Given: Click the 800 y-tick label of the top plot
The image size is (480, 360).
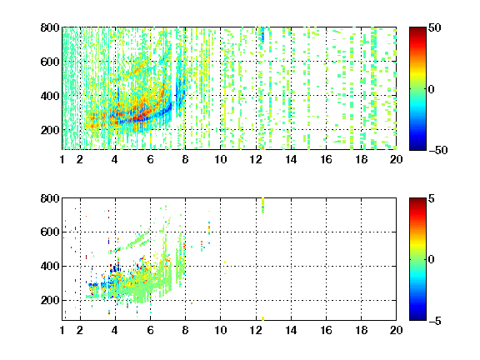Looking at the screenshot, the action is click(50, 27).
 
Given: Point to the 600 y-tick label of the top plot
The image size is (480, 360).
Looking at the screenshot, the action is click(50, 62).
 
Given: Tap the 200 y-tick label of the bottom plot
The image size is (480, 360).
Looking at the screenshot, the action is click(50, 300).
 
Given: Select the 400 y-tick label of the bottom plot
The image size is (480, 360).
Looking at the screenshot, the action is click(50, 266).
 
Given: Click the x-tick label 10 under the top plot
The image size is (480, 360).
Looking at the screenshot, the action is click(220, 159).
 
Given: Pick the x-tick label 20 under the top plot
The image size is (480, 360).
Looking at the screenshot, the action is click(396, 159).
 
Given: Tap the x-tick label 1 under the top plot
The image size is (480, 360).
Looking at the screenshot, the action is click(62, 159).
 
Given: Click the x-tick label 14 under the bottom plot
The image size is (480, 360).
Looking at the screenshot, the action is click(291, 330).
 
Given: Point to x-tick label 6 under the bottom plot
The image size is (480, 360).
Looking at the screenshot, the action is click(150, 330).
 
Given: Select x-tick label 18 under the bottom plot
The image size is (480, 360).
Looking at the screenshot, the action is click(361, 330).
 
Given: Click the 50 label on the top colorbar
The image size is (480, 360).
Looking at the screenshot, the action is click(434, 27).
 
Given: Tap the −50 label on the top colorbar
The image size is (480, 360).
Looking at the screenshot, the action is click(437, 150).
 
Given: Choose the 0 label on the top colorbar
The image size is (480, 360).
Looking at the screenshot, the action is click(432, 89).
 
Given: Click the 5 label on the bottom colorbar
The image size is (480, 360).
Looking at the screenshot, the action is click(432, 198).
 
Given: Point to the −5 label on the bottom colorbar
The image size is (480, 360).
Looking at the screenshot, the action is click(435, 321).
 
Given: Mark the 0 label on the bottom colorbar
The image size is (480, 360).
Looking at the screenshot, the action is click(432, 260).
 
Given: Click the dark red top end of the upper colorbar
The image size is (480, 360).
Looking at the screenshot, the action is click(417, 29).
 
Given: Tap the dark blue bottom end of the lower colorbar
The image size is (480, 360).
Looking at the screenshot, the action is click(417, 318).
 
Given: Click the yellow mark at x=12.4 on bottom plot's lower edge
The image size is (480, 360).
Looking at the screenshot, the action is click(263, 318).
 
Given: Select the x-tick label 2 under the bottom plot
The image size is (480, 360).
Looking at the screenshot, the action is click(80, 330).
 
